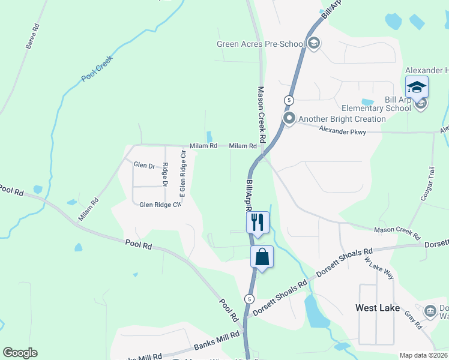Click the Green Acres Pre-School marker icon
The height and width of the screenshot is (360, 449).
(x=314, y=43)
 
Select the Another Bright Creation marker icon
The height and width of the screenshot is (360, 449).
(x=289, y=118)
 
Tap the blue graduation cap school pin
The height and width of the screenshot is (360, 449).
(x=417, y=88)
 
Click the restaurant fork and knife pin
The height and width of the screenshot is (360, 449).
(x=258, y=222)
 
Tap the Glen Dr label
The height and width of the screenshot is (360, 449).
(x=144, y=164)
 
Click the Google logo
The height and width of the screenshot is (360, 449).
(x=20, y=353)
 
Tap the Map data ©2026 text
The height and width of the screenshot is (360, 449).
(x=423, y=355)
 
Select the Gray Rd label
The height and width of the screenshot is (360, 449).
(x=413, y=319)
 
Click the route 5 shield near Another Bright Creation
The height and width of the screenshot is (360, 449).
(x=289, y=100)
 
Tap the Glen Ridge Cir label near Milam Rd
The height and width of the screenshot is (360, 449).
(x=160, y=205)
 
